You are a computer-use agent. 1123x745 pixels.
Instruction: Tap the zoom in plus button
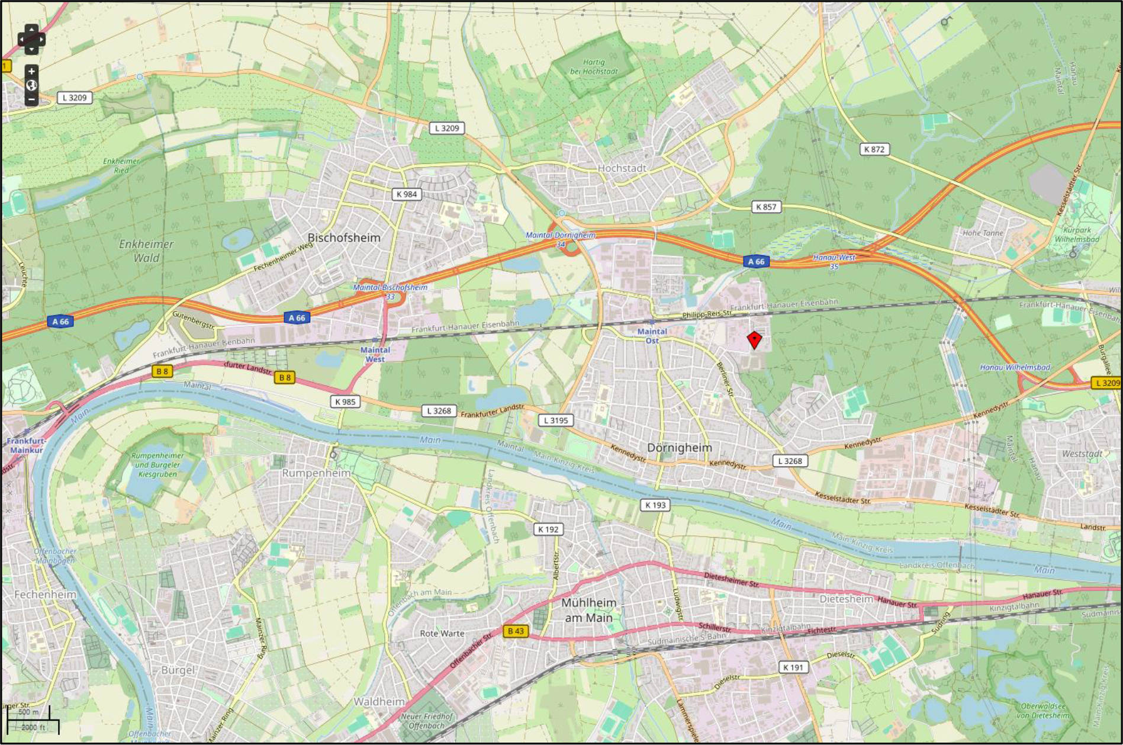tap(31, 72)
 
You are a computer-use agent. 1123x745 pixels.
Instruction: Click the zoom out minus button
tap(31, 99)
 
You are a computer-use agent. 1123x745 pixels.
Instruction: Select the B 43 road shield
tap(515, 631)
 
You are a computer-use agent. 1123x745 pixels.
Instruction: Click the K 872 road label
tap(874, 149)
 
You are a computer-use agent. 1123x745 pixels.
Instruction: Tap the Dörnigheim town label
tap(679, 448)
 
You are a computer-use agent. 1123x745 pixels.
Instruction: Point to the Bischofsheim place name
tap(343, 237)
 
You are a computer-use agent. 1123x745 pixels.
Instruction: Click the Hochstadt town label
tap(622, 168)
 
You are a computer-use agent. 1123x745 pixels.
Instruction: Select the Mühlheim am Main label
tap(588, 610)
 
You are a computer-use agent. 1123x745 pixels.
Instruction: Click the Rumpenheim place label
tap(316, 473)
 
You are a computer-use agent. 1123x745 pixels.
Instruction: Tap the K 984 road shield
tap(407, 194)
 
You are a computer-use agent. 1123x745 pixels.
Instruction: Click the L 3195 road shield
tap(555, 420)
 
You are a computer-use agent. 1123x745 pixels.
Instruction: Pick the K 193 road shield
tap(655, 505)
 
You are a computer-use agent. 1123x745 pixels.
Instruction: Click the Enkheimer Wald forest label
tap(146, 251)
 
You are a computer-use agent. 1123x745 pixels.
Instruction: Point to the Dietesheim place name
tap(846, 599)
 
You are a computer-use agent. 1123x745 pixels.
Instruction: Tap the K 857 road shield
tap(765, 207)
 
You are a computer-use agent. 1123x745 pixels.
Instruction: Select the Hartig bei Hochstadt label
tap(593, 66)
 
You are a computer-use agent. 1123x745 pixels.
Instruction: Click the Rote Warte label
tap(442, 633)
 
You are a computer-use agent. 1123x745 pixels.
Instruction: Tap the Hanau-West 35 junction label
tap(834, 261)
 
